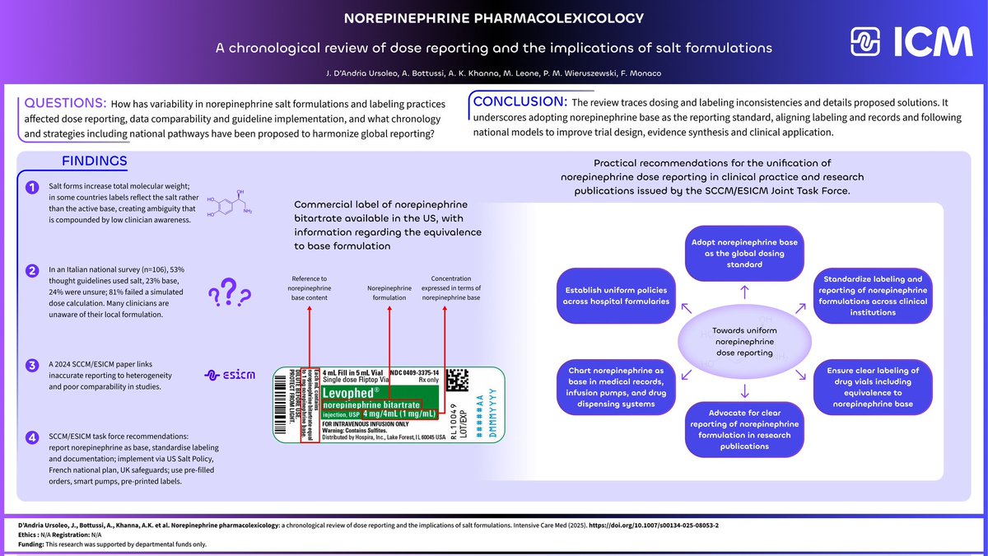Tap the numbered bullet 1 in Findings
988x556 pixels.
coord(33,189)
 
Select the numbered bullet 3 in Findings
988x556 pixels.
coord(33,366)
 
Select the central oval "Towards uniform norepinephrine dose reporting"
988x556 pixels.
coord(744,341)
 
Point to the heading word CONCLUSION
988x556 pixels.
coord(517,103)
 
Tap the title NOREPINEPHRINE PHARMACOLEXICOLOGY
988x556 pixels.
coord(494,17)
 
